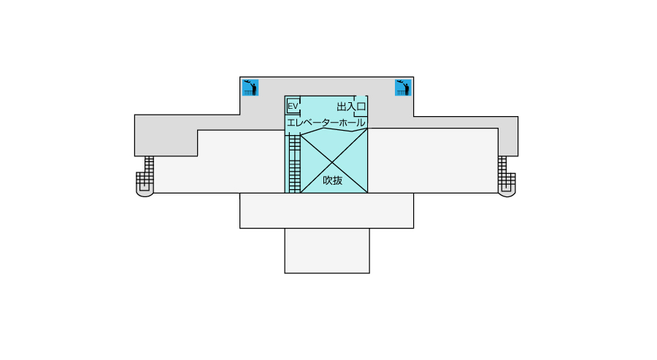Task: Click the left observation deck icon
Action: pos(250,88)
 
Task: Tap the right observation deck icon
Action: pos(403,88)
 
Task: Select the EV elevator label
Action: pos(293,106)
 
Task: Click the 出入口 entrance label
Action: pos(352,107)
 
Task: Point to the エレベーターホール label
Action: pos(326,123)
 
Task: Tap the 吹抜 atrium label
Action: pos(333,180)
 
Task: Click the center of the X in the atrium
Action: pos(332,162)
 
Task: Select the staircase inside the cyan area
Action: pos(295,164)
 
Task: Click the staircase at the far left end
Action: pos(145,176)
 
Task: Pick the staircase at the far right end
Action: pos(507,176)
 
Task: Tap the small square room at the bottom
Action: pos(327,250)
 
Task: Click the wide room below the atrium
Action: pos(327,211)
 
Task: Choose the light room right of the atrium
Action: pos(433,161)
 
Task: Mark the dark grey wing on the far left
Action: pos(166,135)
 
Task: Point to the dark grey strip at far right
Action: pos(508,137)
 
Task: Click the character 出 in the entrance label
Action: pos(342,107)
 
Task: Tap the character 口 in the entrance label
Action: pos(361,107)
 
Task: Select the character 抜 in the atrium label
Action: pos(338,180)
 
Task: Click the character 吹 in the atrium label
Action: pos(328,180)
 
